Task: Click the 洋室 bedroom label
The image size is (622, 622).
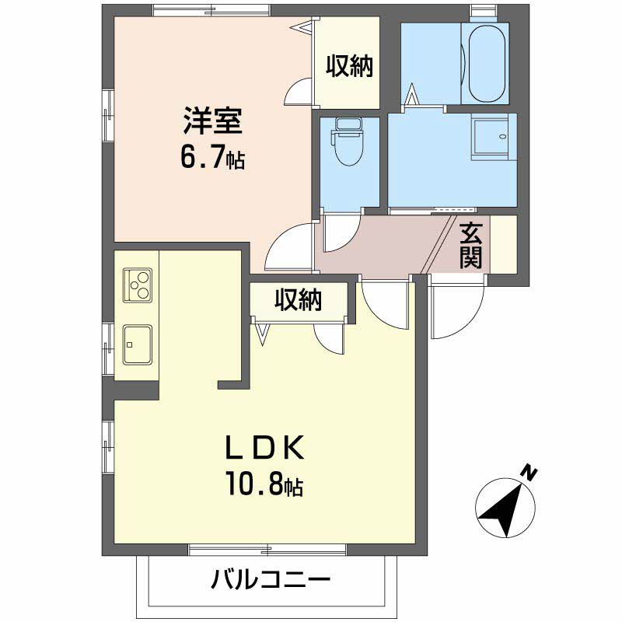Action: pyautogui.click(x=212, y=121)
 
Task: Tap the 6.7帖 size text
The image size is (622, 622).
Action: pyautogui.click(x=212, y=157)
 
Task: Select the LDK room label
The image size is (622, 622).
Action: pyautogui.click(x=265, y=447)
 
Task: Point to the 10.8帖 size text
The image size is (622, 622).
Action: pyautogui.click(x=265, y=484)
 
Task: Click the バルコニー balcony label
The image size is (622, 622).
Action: pyautogui.click(x=271, y=579)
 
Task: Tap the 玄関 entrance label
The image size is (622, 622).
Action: pyautogui.click(x=471, y=246)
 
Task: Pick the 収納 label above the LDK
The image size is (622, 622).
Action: pyautogui.click(x=299, y=300)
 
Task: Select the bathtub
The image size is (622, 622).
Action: pyautogui.click(x=487, y=64)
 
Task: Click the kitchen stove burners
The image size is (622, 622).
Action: pyautogui.click(x=138, y=285)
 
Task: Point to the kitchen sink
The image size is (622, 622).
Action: pyautogui.click(x=138, y=344)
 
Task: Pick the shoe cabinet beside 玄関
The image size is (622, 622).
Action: pyautogui.click(x=504, y=244)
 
